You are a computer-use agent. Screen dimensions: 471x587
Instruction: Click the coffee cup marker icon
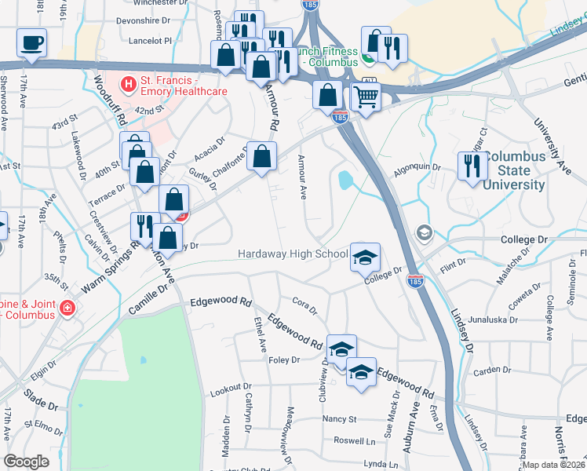pyautogui.click(x=31, y=42)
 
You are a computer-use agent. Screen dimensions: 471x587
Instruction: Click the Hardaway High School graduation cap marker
pyautogui.click(x=364, y=256)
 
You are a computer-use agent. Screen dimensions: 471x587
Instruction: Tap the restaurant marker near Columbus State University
pyautogui.click(x=472, y=166)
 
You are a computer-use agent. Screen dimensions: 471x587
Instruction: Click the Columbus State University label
pyautogui.click(x=514, y=170)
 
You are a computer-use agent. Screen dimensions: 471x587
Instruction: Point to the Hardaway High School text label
pyautogui.click(x=293, y=254)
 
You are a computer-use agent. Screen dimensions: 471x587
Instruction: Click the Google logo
pyautogui.click(x=27, y=462)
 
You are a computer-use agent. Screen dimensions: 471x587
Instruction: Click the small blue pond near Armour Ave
pyautogui.click(x=345, y=181)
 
